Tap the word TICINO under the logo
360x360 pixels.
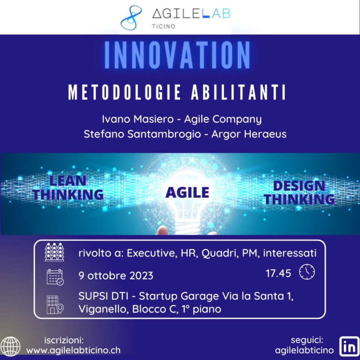pyautogui.click(x=164, y=26)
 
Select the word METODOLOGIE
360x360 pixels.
pyautogui.click(x=118, y=93)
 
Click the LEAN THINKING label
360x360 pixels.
pyautogui.click(x=69, y=187)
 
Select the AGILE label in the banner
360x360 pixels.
pyautogui.click(x=187, y=192)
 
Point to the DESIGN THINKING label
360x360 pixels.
pyautogui.click(x=299, y=192)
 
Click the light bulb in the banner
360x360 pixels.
pyautogui.click(x=187, y=206)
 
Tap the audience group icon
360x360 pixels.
pyautogui.click(x=54, y=254)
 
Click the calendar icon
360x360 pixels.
pyautogui.click(x=55, y=277)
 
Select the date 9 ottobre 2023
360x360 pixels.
pyautogui.click(x=116, y=275)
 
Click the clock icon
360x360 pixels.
pyautogui.click(x=307, y=272)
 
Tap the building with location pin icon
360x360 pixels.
pyautogui.click(x=55, y=304)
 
